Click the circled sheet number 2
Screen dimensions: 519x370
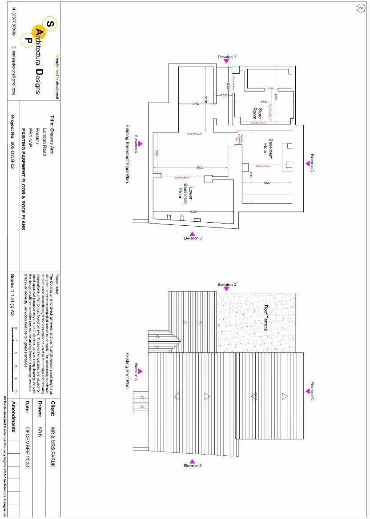pyautogui.click(x=360, y=8)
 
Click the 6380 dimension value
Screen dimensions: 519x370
pyautogui.click(x=194, y=212)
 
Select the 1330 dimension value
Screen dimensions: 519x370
pyautogui.click(x=225, y=96)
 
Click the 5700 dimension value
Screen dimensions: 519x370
pyautogui.click(x=251, y=175)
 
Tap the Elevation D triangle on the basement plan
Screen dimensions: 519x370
pyautogui.click(x=227, y=62)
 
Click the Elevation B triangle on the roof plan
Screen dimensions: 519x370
pyautogui.click(x=192, y=461)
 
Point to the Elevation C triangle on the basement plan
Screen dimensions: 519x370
pyautogui.click(x=307, y=164)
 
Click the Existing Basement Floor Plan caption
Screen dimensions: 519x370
pyautogui.click(x=127, y=154)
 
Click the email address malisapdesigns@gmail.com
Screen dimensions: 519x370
pyautogui.click(x=14, y=70)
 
